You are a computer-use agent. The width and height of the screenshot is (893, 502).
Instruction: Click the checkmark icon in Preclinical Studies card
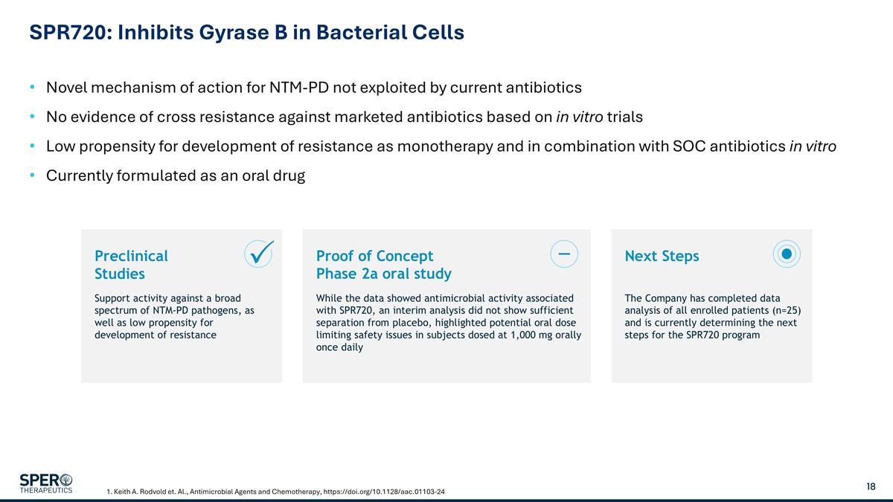click(x=258, y=254)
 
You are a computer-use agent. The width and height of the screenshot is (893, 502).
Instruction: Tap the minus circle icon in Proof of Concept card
click(x=563, y=254)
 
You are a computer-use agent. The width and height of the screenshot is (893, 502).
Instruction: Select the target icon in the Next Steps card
click(x=786, y=254)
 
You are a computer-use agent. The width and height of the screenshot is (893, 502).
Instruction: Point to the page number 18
click(x=871, y=486)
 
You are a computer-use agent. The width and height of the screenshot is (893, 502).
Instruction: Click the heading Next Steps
click(x=662, y=256)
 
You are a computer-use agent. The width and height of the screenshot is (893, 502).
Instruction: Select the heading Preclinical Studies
click(x=131, y=265)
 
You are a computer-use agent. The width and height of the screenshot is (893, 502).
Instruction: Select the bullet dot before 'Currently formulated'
click(x=32, y=176)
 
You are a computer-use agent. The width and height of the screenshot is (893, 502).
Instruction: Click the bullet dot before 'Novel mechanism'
click(x=32, y=88)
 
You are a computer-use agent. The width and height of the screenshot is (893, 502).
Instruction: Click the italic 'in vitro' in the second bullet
click(x=579, y=118)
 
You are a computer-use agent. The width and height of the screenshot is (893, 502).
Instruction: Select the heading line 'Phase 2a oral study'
click(x=383, y=274)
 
